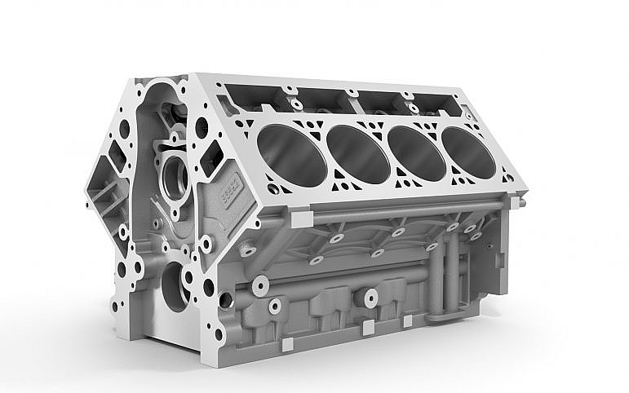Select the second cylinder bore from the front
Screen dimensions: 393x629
[357, 153]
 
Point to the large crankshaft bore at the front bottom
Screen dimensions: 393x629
[175, 285]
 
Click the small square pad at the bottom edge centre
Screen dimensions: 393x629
[367, 325]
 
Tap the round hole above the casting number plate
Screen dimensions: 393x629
[201, 128]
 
